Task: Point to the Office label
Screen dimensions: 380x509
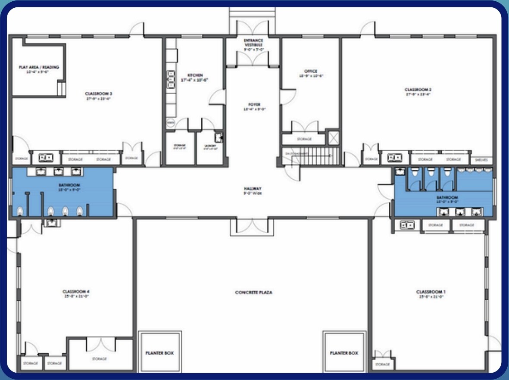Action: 311,71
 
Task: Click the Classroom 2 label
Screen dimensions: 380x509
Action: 418,90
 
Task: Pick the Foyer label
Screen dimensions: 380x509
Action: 254,105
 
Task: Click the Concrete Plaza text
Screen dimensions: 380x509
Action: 253,293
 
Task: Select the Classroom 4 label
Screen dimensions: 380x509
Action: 75,292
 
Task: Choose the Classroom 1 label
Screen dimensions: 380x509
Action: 430,292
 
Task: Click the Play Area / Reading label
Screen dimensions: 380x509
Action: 39,67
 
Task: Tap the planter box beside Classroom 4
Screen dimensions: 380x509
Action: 159,352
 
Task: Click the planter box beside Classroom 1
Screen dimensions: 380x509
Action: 344,352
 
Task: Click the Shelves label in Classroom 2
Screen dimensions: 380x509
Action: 481,159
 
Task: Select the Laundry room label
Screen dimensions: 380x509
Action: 210,146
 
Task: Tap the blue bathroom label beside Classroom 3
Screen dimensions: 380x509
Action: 70,185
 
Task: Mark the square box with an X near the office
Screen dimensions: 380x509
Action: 333,138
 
